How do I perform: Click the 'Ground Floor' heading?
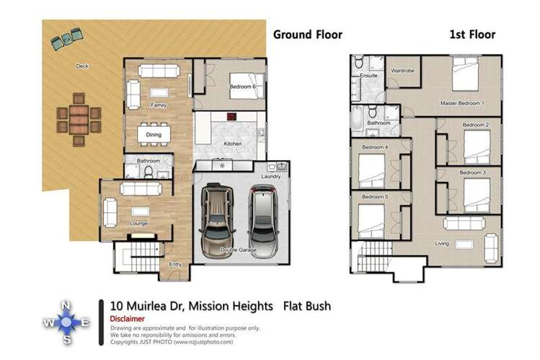coord(306,34)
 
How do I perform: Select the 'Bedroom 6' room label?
coord(242,87)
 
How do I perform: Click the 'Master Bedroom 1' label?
coord(462,103)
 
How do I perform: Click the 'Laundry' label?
coord(271,176)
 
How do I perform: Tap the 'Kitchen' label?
coord(233,144)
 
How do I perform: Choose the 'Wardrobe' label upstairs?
coord(402,71)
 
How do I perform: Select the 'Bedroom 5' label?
coord(375,196)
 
